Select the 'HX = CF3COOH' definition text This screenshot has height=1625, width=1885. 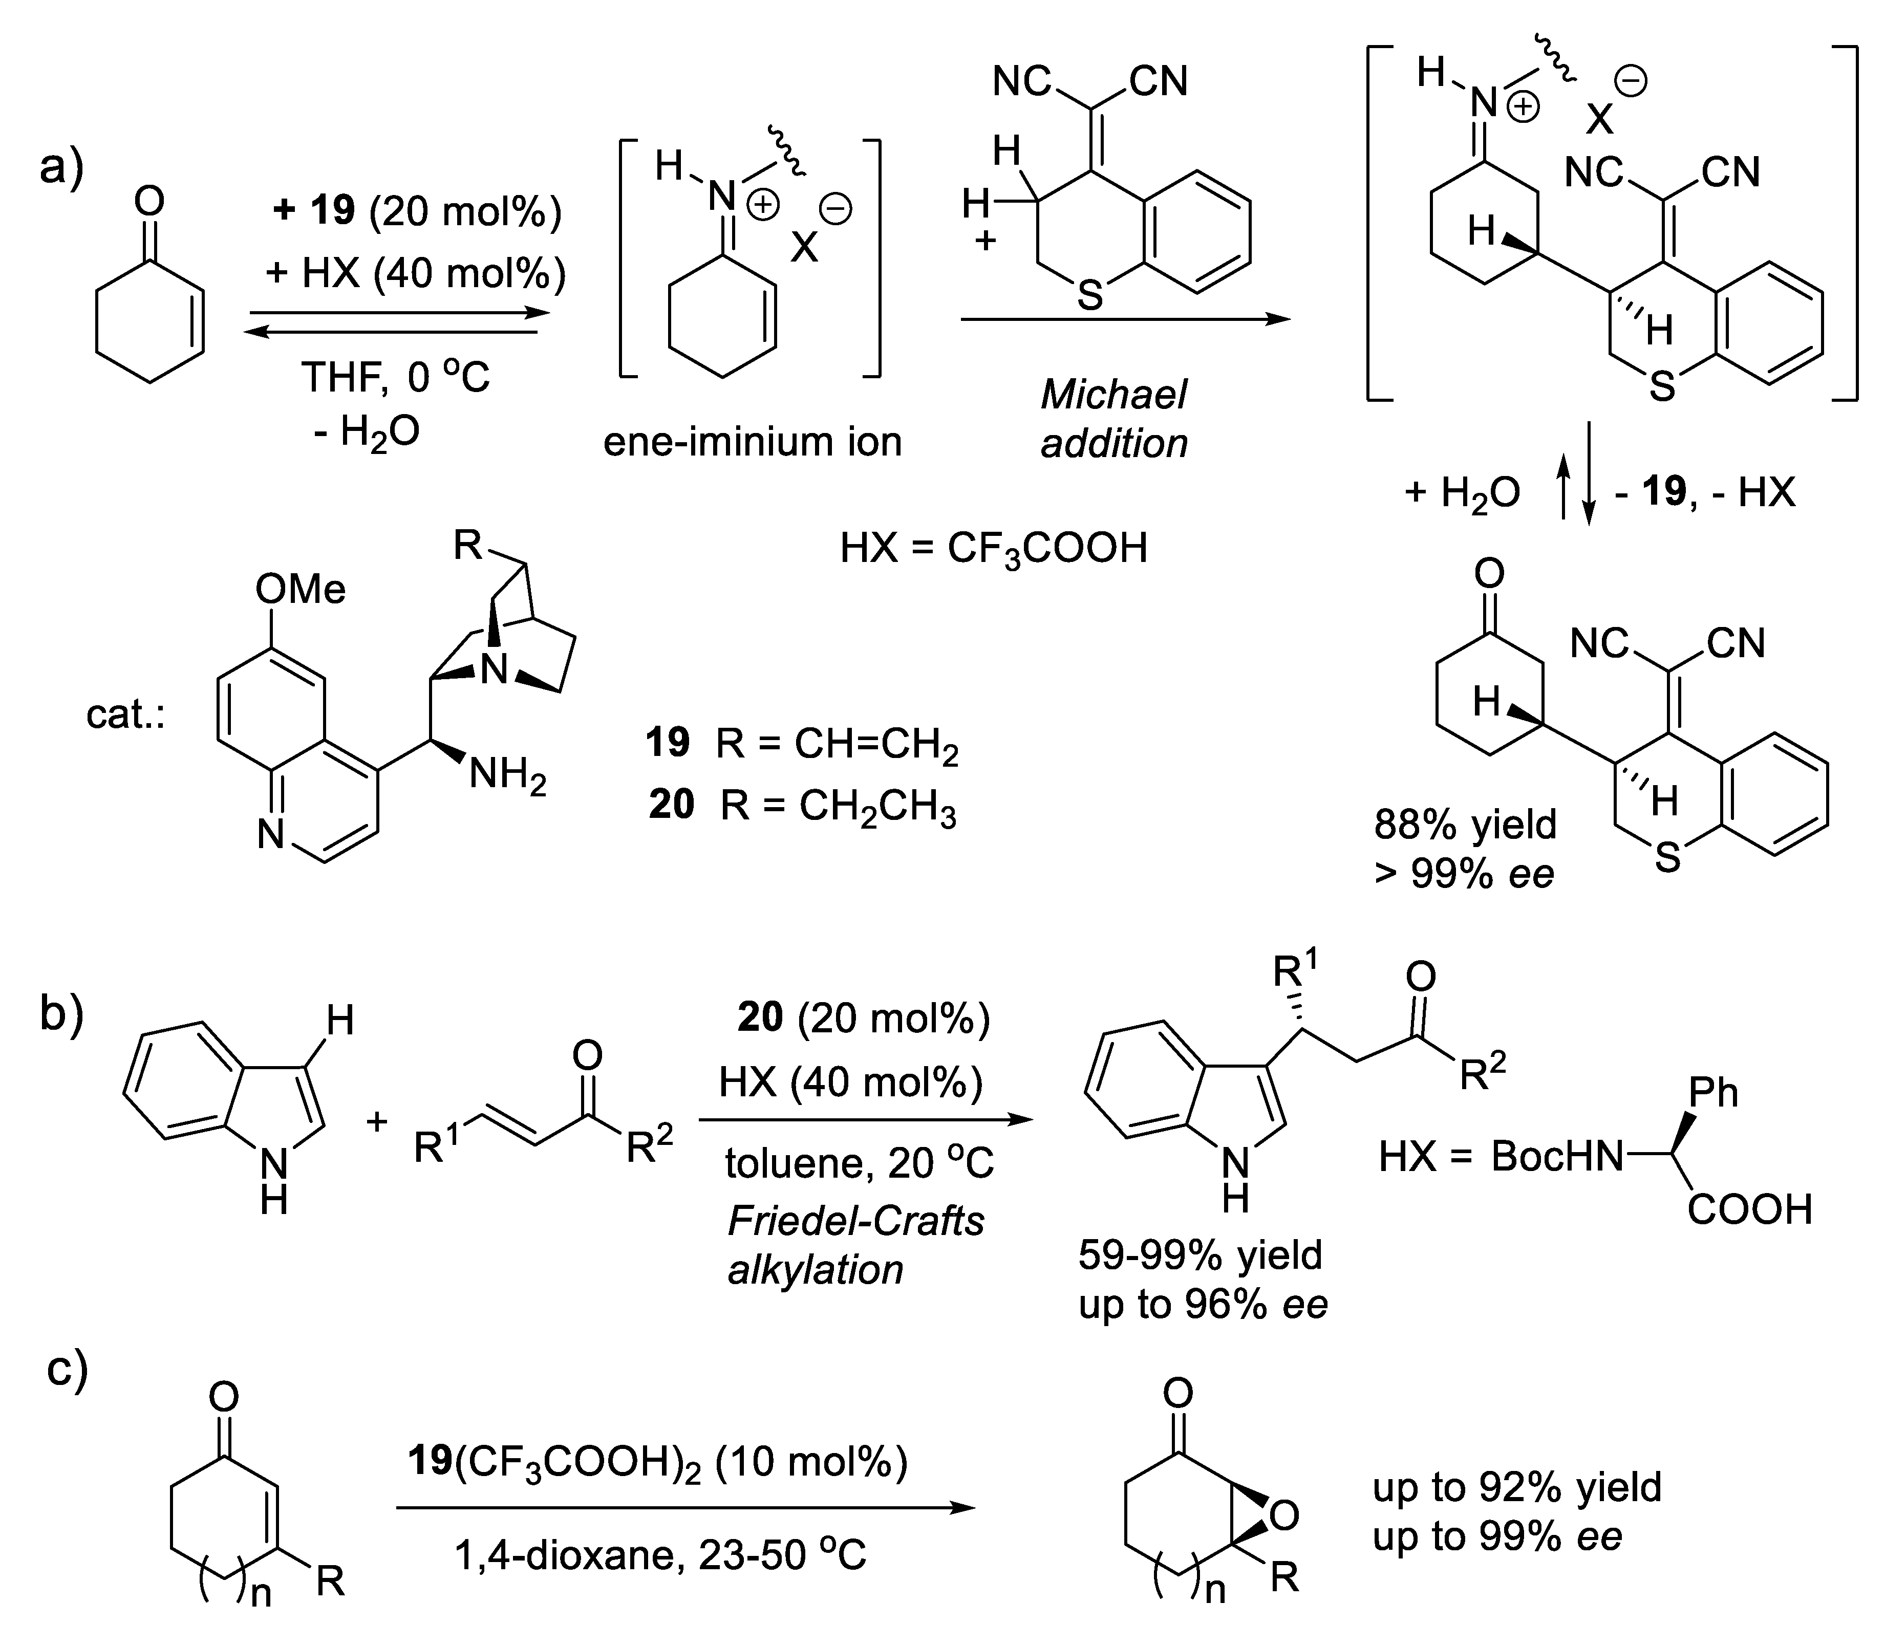tap(994, 548)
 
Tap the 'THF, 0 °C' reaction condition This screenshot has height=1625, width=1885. tap(396, 377)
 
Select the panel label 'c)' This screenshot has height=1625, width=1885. tap(68, 1370)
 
